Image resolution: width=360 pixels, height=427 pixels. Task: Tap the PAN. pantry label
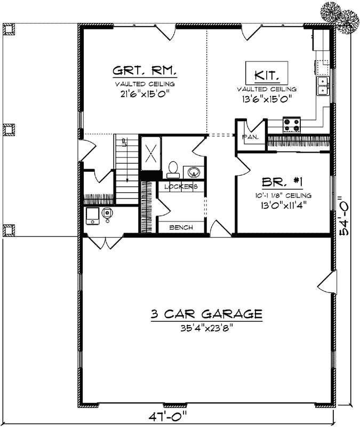250,137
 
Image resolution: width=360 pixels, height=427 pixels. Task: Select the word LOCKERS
181,187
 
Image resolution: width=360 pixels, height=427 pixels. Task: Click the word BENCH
181,228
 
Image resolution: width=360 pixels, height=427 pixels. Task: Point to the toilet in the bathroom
172,169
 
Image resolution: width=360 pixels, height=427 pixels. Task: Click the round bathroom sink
194,172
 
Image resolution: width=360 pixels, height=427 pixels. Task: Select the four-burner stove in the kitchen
291,125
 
